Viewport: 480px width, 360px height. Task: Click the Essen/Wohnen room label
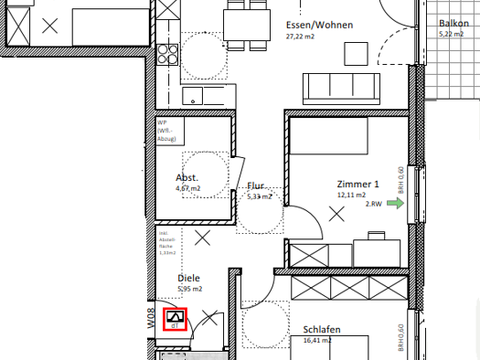pos(318,25)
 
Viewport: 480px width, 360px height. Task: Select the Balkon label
pos(453,23)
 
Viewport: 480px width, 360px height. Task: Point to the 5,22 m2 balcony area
pos(452,34)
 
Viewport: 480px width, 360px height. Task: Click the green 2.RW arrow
pos(395,204)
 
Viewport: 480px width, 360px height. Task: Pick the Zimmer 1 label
pos(356,184)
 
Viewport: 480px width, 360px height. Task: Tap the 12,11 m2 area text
pos(351,195)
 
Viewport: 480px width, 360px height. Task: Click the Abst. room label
pos(187,177)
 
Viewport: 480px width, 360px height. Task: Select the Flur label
pos(256,185)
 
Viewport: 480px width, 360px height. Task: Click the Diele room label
pos(188,278)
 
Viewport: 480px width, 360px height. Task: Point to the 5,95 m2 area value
pos(189,289)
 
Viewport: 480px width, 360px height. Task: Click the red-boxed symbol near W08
pos(174,319)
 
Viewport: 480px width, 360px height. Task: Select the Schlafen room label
pos(322,330)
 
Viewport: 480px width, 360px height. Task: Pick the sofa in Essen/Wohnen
pos(341,87)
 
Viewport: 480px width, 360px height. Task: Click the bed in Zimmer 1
pos(329,138)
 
